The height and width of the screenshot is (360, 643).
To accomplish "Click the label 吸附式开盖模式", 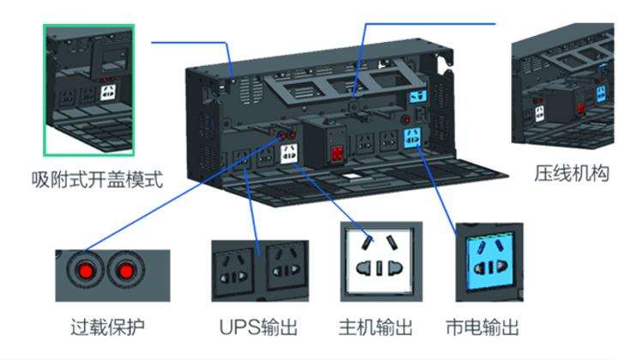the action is pos(97,180).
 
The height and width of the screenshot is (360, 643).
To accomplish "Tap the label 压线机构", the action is pos(572,173).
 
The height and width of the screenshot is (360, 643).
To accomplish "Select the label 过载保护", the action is pos(107,327).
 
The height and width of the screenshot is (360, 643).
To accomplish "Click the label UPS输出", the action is pos(258,327).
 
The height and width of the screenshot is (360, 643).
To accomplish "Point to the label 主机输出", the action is pos(376,327).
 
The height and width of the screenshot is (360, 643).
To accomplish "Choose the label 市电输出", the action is pos(482,327).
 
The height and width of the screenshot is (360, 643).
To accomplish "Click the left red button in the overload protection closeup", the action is pos(86,271).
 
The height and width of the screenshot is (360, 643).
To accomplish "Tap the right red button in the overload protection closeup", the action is pos(126,271).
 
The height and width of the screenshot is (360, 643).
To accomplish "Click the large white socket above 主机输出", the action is pos(379,261).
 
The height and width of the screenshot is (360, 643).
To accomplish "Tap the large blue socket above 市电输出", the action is pos(490,261).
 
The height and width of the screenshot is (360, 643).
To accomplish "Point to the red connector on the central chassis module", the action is pos(337,153).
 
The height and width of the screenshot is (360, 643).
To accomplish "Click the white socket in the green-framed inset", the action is pos(108,93).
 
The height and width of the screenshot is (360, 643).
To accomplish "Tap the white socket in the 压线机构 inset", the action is pos(539,114).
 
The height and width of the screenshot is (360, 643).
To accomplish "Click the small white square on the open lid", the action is pos(351,176).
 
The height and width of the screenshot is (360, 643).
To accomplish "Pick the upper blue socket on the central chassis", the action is pos(418,97).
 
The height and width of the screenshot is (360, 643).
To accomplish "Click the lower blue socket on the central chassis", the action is pos(412,138).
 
